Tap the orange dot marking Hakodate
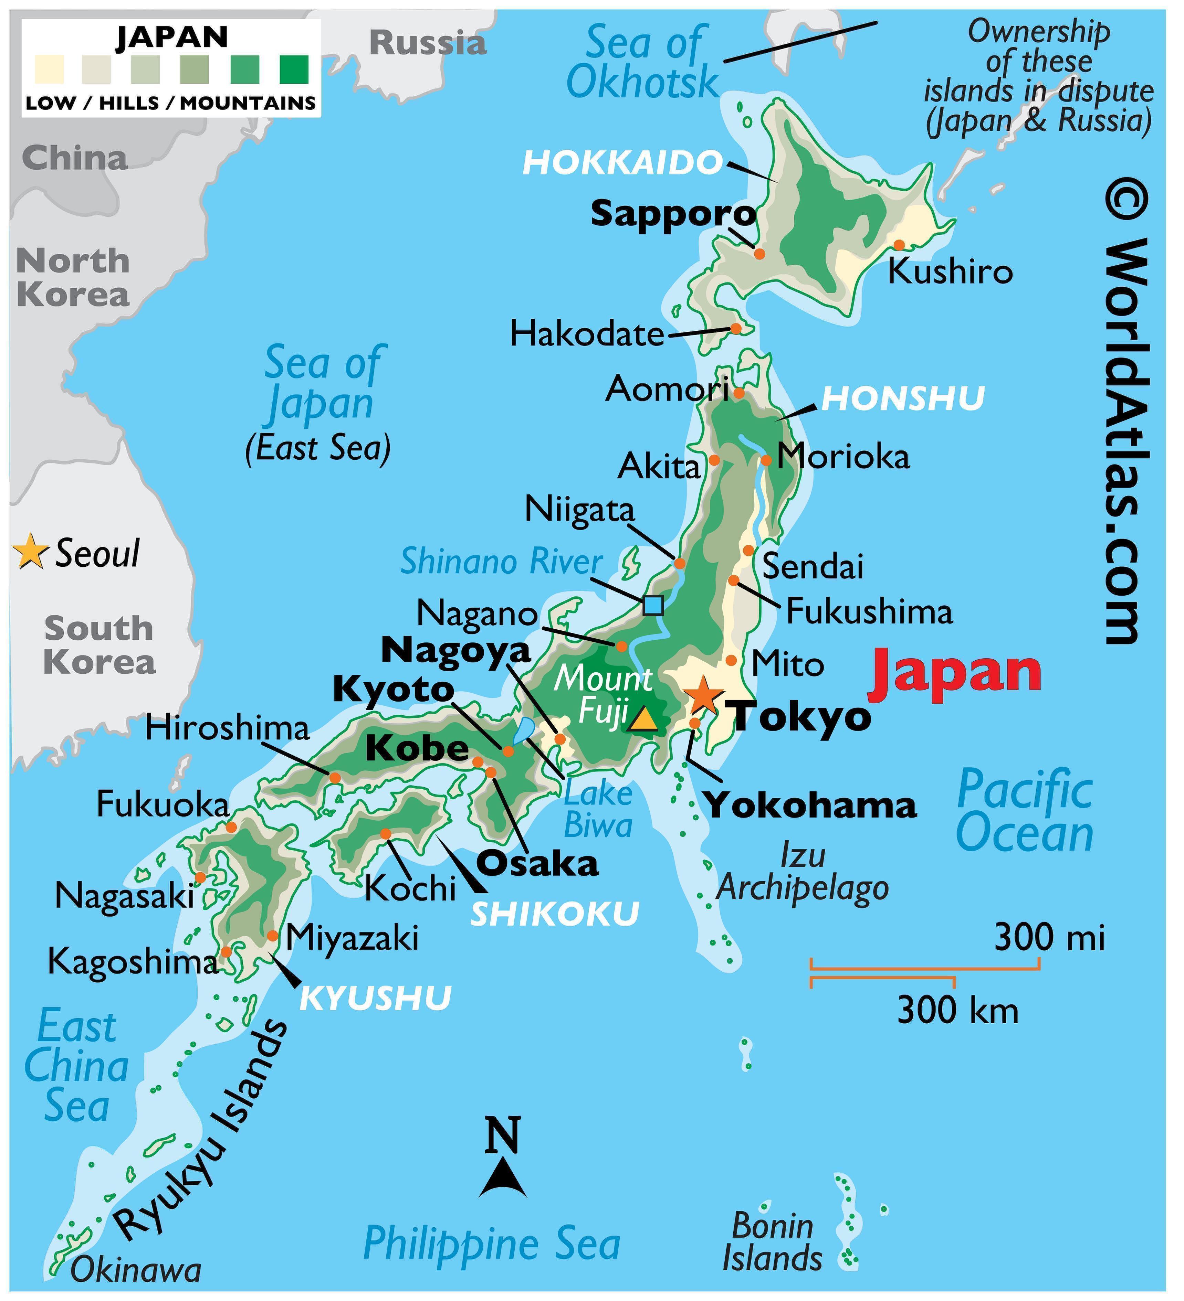click(735, 329)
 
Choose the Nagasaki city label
click(124, 896)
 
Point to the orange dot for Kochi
click(385, 834)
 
